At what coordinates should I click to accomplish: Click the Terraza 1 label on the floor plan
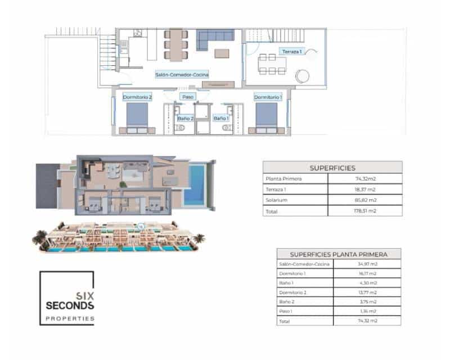click(x=292, y=51)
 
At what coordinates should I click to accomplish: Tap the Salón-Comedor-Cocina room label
click(x=182, y=74)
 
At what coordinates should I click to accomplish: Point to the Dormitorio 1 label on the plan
click(x=268, y=97)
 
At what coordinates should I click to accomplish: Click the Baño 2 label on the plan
click(x=185, y=118)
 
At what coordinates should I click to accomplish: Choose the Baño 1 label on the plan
click(x=220, y=118)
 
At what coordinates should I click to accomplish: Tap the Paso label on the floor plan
click(x=188, y=97)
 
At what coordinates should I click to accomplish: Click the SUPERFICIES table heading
click(x=332, y=168)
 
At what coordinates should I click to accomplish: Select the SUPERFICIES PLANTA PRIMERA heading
click(x=338, y=254)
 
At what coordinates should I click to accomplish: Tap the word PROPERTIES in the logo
click(x=70, y=318)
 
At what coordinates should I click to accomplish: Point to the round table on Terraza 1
click(x=304, y=75)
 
